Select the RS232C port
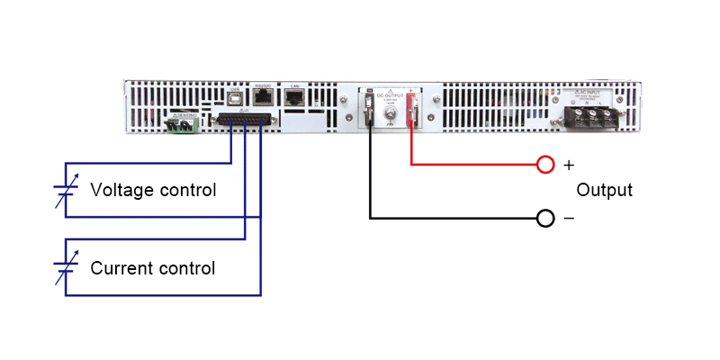click(264, 98)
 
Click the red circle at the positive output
click(544, 165)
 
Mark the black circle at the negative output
click(544, 219)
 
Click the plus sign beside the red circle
click(568, 165)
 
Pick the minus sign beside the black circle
click(568, 219)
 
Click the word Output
click(604, 191)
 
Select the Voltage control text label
click(153, 191)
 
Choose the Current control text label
click(152, 268)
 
